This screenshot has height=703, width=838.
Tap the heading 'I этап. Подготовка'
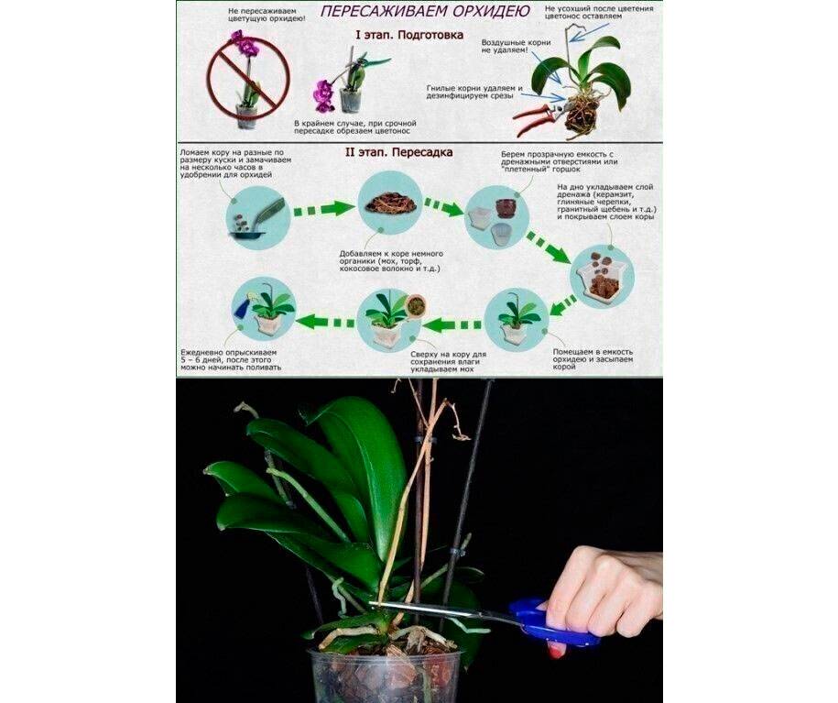click(409, 36)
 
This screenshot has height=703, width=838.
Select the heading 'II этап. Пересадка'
click(398, 152)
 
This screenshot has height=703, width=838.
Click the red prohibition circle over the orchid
click(248, 79)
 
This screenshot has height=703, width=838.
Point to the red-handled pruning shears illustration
click(537, 119)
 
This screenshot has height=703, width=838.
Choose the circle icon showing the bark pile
click(389, 203)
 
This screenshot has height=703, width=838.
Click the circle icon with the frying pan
click(258, 215)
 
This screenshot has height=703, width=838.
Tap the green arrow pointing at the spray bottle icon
click(326, 322)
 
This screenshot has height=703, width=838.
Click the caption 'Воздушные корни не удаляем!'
click(516, 46)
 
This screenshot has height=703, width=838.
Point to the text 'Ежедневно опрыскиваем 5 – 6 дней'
click(229, 357)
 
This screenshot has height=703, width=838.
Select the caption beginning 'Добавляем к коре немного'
click(391, 261)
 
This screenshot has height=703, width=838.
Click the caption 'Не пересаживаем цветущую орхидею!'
click(266, 15)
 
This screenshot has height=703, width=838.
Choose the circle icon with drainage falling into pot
click(603, 277)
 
